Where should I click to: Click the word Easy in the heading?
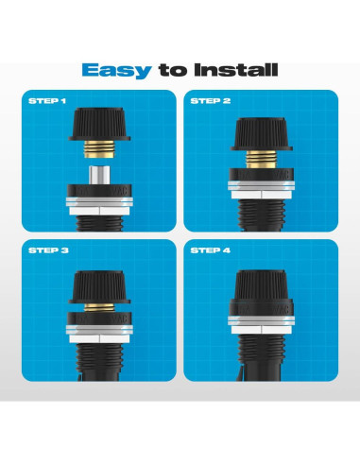pyautogui.click(x=111, y=69)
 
